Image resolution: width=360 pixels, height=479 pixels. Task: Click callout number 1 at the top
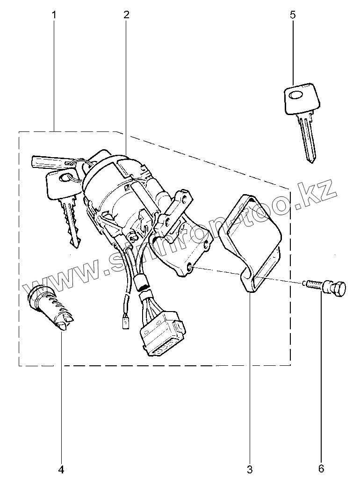click(x=54, y=15)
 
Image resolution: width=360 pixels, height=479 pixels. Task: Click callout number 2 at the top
click(x=126, y=15)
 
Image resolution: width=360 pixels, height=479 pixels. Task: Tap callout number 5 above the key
click(x=293, y=15)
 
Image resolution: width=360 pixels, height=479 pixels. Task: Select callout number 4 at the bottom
click(x=61, y=468)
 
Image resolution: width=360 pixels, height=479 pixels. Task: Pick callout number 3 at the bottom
click(x=250, y=468)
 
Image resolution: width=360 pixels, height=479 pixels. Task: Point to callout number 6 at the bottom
click(x=321, y=468)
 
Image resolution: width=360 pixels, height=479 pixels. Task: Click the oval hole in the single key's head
click(x=296, y=96)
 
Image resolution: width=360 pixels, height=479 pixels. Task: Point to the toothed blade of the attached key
click(x=71, y=223)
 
